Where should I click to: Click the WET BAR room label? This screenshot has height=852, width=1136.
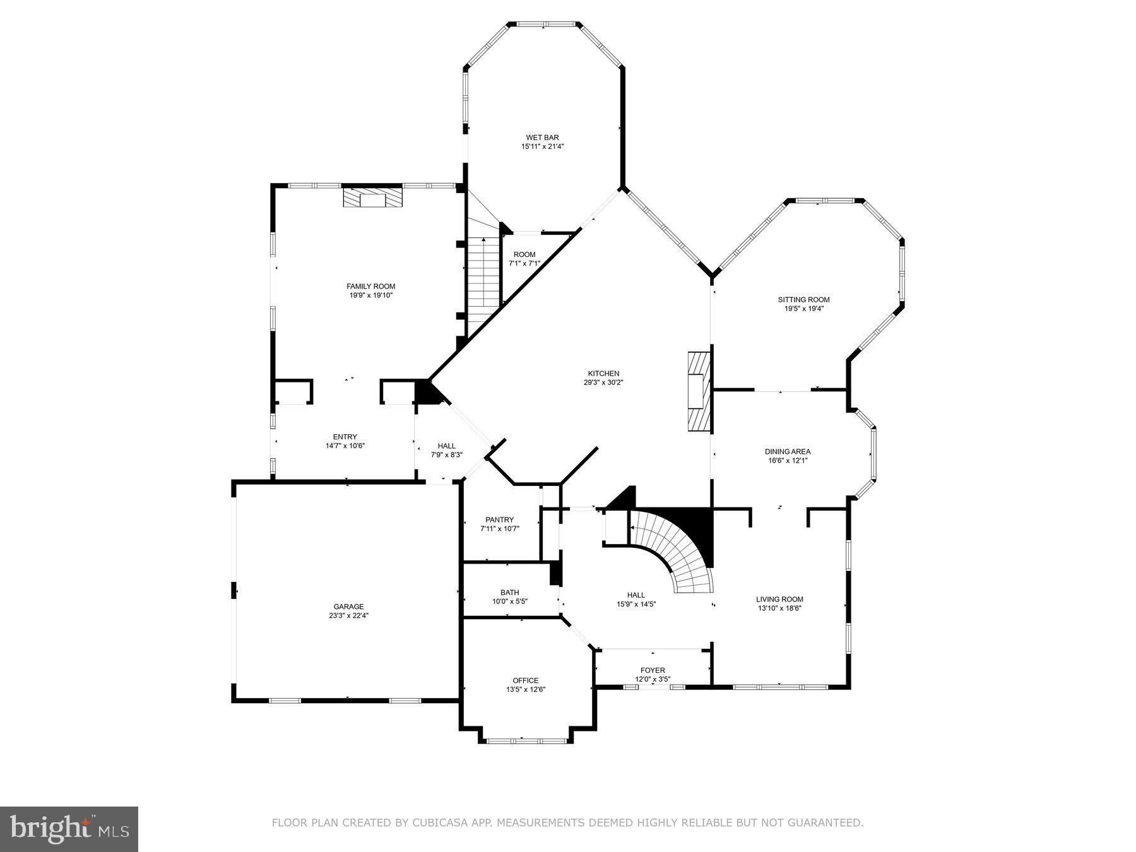542,138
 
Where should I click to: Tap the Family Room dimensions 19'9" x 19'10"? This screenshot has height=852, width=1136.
370,295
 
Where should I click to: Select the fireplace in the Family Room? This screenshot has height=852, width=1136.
372,198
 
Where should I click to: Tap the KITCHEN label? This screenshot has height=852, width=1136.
603,374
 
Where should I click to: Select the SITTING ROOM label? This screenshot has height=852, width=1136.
803,300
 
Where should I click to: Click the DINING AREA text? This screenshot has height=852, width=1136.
787,451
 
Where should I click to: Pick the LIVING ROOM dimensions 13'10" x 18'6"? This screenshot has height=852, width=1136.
779,608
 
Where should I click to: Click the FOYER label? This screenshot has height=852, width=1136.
653,670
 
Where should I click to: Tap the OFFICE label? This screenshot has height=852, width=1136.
525,680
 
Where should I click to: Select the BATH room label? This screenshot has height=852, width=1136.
509,593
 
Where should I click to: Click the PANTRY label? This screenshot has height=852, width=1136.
499,520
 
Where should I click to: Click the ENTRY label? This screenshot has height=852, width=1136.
345,437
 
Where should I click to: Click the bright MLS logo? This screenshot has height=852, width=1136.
69,829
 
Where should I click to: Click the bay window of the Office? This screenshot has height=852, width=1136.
526,740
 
